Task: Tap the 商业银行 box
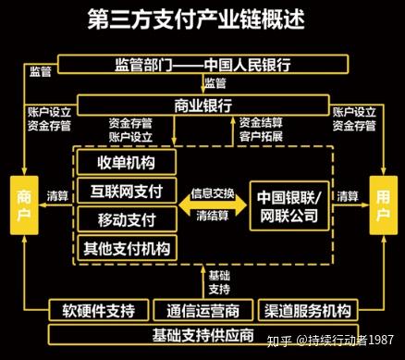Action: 202,103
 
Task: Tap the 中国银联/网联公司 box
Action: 288,205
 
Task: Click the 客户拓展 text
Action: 260,135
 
